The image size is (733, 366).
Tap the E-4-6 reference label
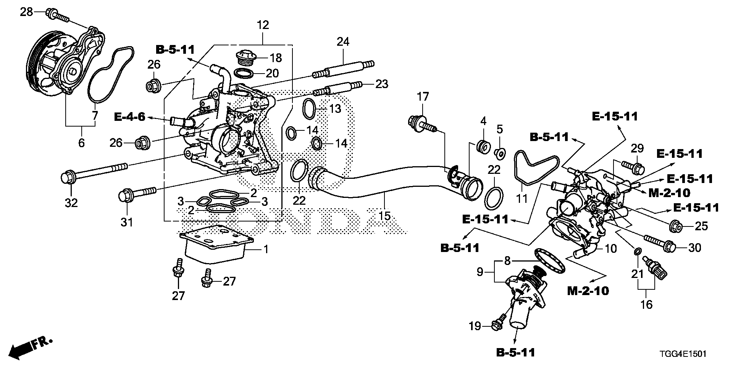[129, 117]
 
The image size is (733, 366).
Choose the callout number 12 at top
[263, 25]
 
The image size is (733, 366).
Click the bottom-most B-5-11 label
[515, 352]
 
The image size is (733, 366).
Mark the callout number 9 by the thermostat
[480, 272]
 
